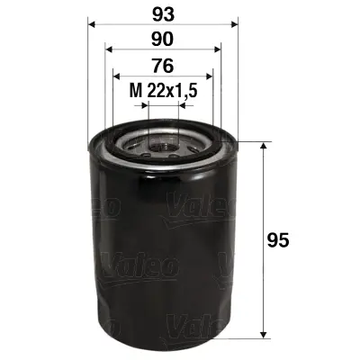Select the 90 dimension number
(162, 41)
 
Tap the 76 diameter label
(162, 66)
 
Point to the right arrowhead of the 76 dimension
(209, 76)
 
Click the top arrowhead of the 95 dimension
(263, 146)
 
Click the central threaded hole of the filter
(163, 141)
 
